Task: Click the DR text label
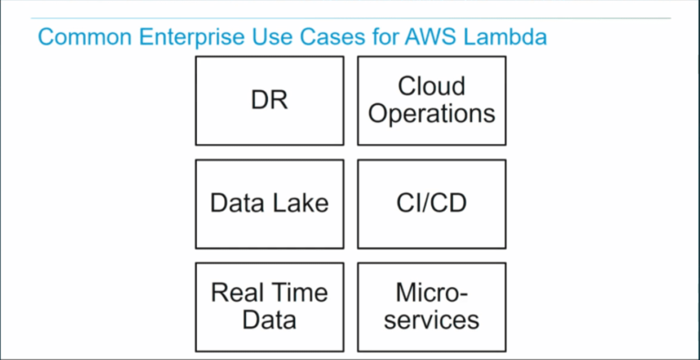[269, 100]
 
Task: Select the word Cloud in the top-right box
[431, 87]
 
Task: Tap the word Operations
[431, 114]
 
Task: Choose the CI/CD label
[431, 202]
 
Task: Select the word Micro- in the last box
[431, 293]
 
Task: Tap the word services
[431, 320]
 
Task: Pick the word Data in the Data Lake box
[238, 202]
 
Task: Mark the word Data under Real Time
[269, 320]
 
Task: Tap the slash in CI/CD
[430, 202]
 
